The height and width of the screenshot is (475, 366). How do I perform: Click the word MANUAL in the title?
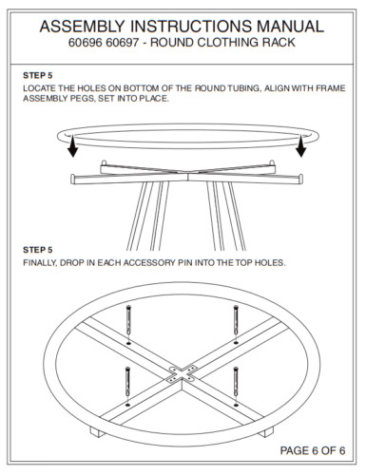284,26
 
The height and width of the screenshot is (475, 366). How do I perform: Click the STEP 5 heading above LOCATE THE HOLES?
38,74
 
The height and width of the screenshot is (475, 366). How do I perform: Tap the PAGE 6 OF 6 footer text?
312,449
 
